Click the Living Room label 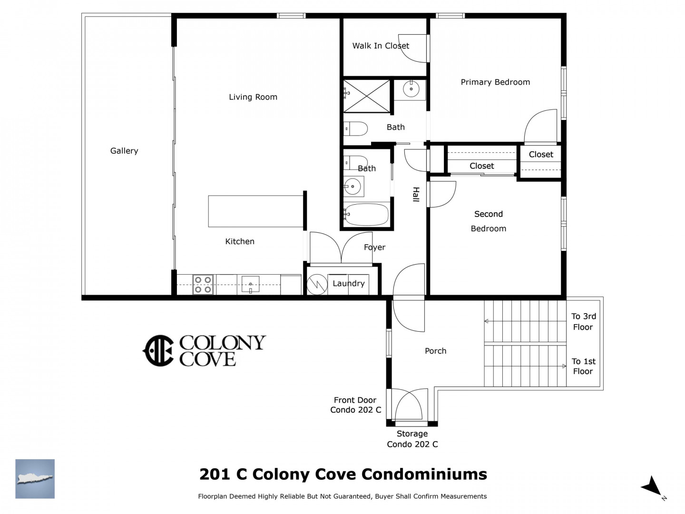click(x=253, y=97)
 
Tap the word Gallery click(x=124, y=151)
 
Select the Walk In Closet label click(x=381, y=46)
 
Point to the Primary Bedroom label click(x=495, y=82)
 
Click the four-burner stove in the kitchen click(x=203, y=285)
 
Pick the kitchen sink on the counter click(x=250, y=285)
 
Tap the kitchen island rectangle click(x=255, y=211)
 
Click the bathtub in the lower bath click(x=366, y=214)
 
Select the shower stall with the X click(x=367, y=96)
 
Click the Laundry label click(x=349, y=283)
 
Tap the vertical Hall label click(x=416, y=194)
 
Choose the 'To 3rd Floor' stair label click(x=583, y=321)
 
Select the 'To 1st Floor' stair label click(x=583, y=366)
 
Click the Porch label click(x=435, y=351)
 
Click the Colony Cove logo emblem click(x=158, y=350)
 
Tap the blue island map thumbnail click(x=35, y=478)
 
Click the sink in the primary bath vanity click(x=411, y=89)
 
